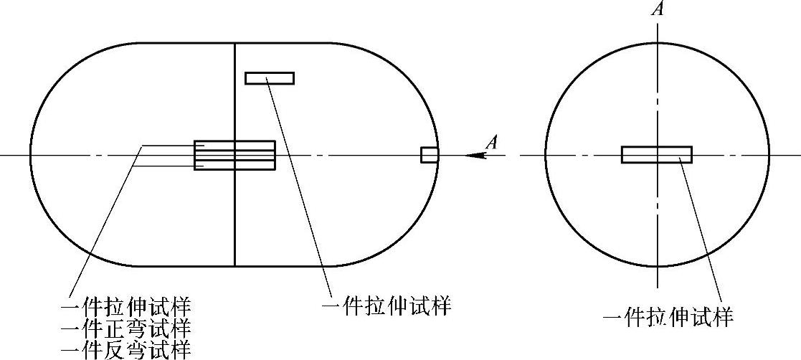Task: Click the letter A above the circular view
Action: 656,9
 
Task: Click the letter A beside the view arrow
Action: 491,142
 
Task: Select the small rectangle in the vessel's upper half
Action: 269,78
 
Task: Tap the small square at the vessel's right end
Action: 429,155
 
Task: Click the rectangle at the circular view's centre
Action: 656,155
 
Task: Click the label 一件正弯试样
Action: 126,329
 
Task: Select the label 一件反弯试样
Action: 126,350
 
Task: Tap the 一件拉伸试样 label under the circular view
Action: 668,317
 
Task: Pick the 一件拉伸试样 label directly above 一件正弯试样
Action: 126,308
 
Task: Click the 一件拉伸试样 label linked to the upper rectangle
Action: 387,307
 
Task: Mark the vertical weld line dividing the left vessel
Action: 235,215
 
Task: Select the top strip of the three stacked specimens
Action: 234,146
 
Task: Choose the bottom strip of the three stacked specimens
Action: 234,165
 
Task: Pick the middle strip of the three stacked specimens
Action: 234,155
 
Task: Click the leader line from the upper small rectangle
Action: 301,186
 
